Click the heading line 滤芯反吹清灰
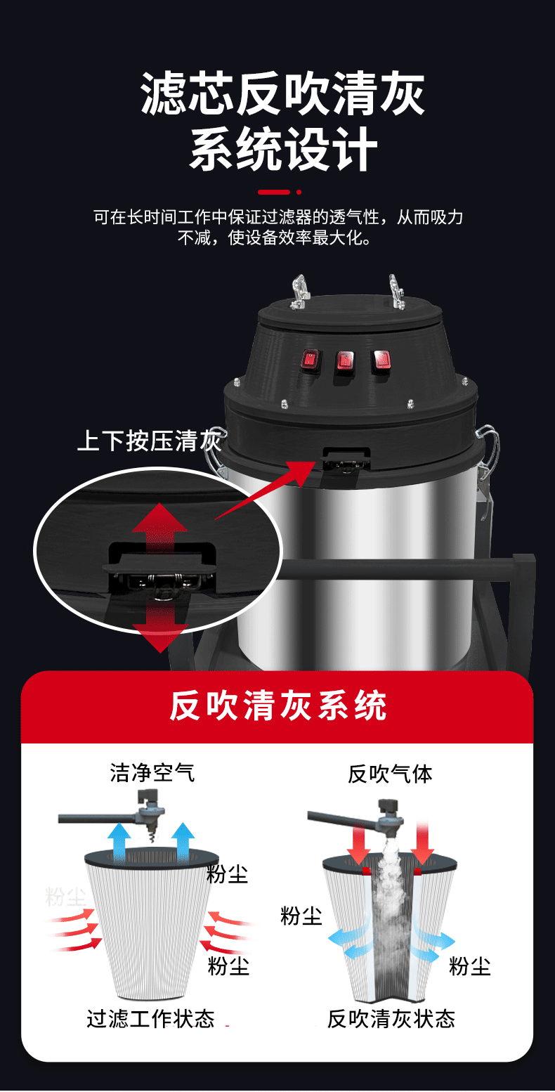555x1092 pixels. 282,94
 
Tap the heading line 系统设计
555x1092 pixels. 282,149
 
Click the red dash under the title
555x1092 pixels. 273,192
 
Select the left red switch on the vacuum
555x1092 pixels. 310,360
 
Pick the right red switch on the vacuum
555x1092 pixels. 380,360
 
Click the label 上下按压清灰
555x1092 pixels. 149,441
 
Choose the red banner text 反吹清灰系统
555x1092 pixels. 277,706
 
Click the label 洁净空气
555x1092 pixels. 152,773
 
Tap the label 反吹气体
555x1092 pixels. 390,774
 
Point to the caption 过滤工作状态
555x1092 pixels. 150,1019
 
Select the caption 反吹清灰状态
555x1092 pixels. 391,1019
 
